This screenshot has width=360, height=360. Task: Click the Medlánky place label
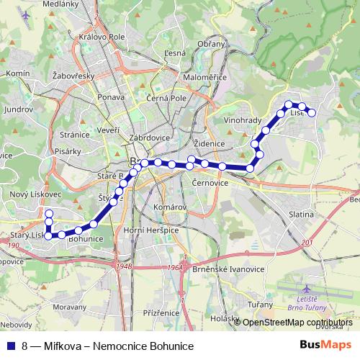point(60,4)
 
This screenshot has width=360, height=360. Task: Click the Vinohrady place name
point(241,120)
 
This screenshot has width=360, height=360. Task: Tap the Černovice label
point(210,184)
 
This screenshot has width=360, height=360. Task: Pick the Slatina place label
point(300,214)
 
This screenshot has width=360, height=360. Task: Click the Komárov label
point(170,207)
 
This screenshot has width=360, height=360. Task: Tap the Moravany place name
point(70,306)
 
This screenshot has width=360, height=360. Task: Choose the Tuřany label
point(261,305)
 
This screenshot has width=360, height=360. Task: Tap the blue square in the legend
point(10,346)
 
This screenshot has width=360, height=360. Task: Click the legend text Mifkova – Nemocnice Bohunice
point(119,346)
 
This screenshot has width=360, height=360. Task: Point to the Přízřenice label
point(161,313)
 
